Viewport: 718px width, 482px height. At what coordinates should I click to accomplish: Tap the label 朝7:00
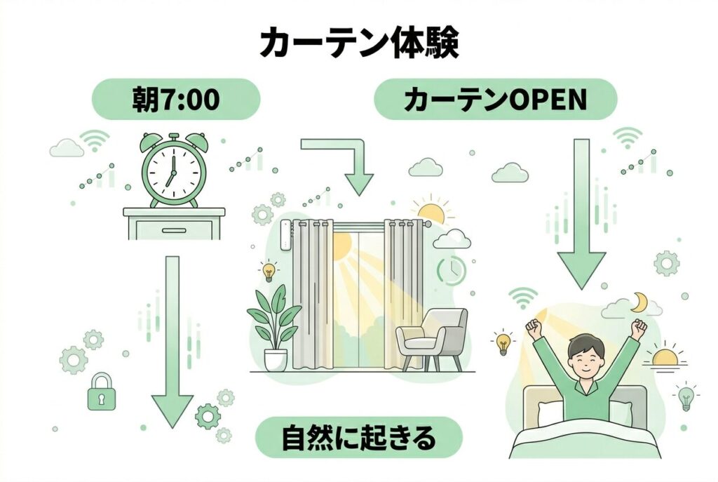(x=176, y=100)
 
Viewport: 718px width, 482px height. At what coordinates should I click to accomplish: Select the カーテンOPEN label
(x=495, y=100)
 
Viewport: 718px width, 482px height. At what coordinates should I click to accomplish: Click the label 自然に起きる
(x=358, y=438)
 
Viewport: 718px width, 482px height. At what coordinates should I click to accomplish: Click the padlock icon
(x=102, y=395)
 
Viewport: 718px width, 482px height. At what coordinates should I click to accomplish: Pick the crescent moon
(x=638, y=302)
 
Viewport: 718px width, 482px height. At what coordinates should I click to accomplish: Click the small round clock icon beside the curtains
(x=451, y=270)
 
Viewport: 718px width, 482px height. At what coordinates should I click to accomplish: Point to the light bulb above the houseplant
(x=267, y=271)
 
